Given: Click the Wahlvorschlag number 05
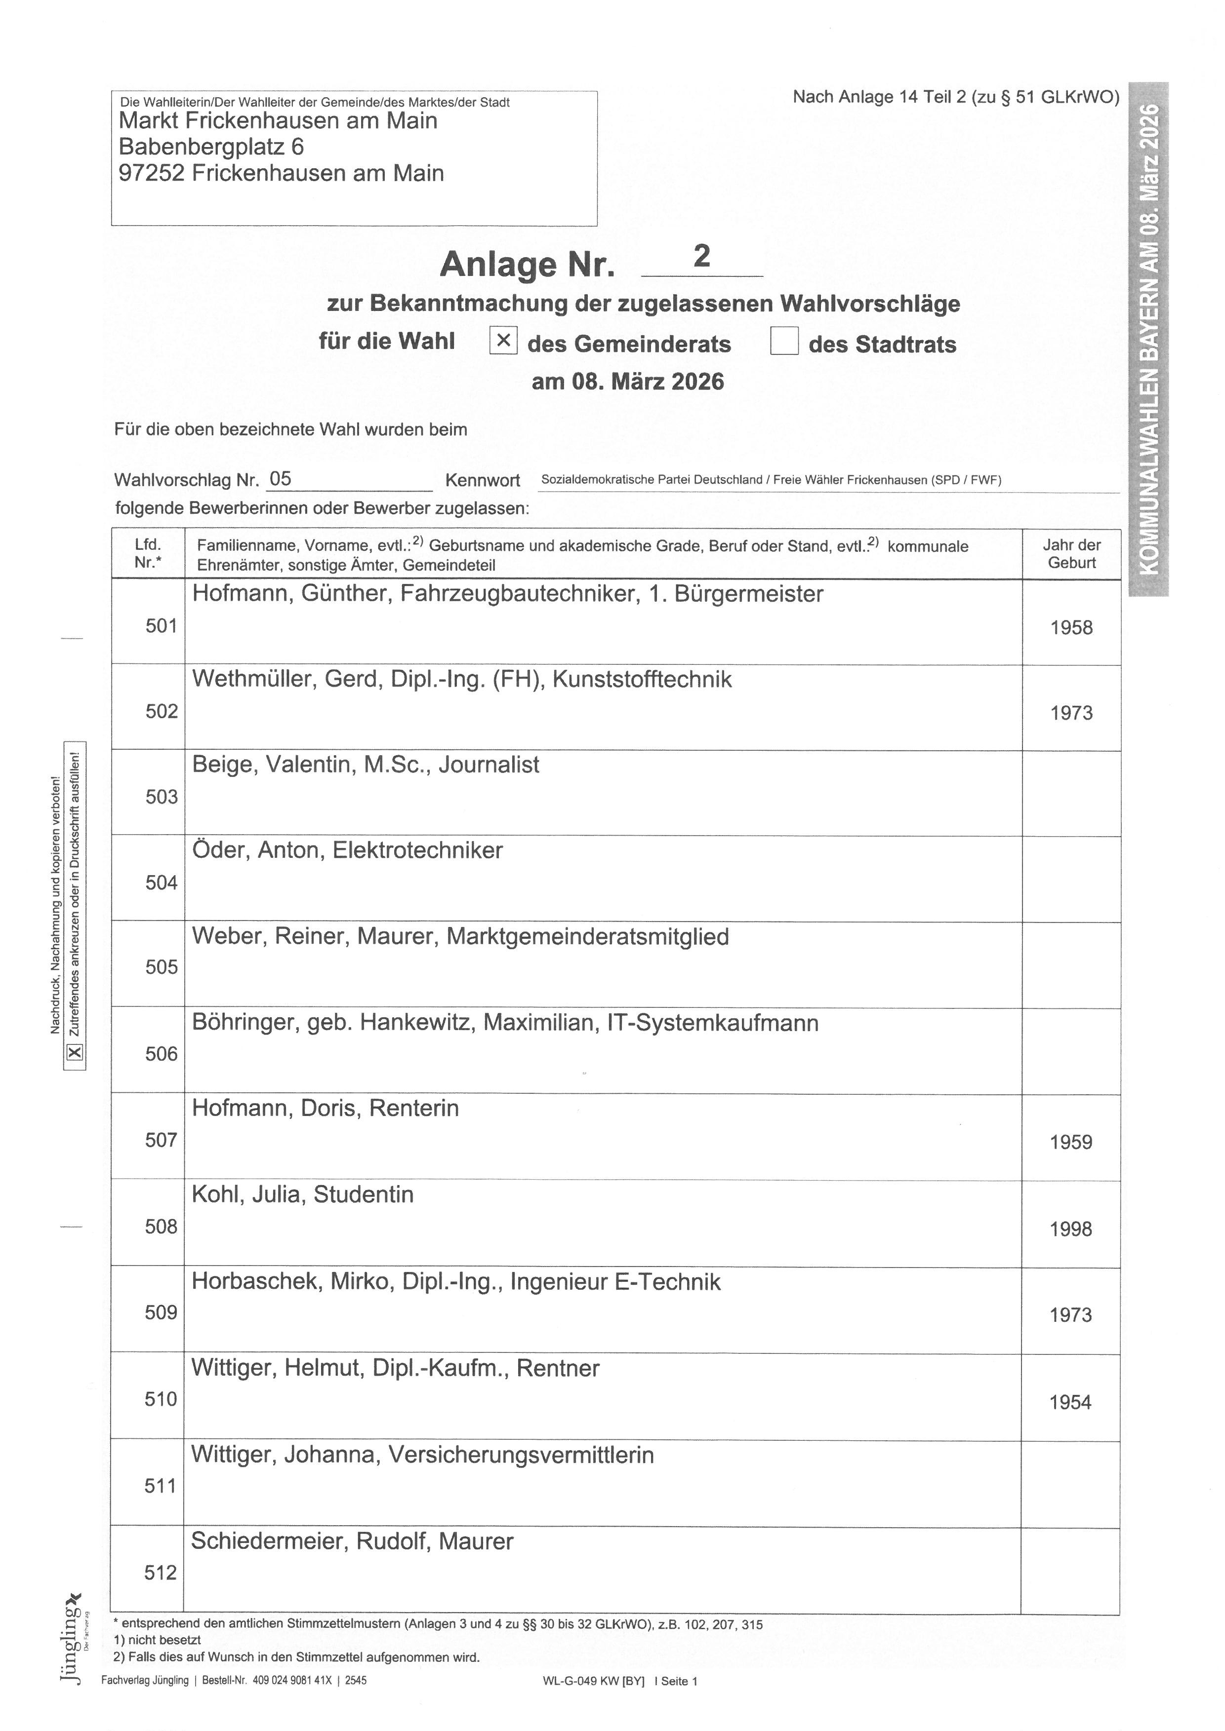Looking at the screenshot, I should (281, 479).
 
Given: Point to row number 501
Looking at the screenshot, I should (162, 626).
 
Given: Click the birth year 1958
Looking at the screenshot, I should (1071, 627).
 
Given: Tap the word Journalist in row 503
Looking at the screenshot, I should (489, 765).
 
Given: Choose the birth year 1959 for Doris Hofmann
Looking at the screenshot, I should (1071, 1142).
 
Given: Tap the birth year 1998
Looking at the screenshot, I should (1071, 1229).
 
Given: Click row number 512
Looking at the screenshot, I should (160, 1572).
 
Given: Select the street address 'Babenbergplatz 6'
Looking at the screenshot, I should (211, 147).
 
